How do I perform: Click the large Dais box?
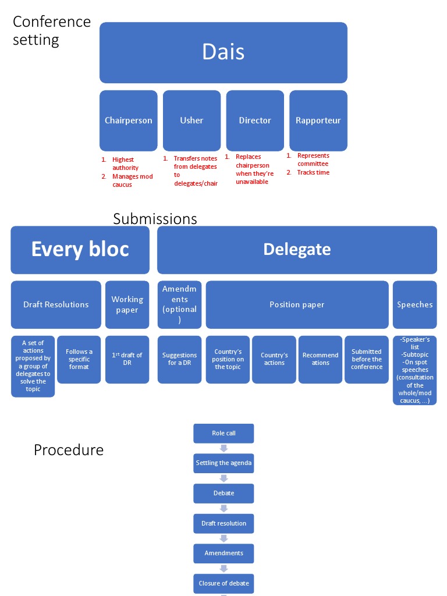tap(223, 52)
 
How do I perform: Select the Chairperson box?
tap(129, 120)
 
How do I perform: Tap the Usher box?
tap(191, 120)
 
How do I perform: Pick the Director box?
tap(255, 120)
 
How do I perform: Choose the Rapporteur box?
tap(318, 120)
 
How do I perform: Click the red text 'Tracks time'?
tap(313, 172)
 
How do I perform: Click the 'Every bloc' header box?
tap(80, 250)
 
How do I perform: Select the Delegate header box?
tap(297, 250)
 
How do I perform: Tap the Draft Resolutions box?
tap(56, 304)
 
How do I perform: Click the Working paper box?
tap(127, 304)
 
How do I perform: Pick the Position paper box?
tap(297, 304)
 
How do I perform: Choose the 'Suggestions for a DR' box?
tap(179, 359)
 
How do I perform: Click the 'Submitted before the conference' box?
tap(367, 359)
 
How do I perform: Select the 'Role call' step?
tap(223, 433)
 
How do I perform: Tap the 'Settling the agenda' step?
tap(223, 463)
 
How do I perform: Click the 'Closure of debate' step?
tap(223, 583)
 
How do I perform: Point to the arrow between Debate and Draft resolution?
tap(223, 508)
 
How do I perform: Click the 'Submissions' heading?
tap(155, 219)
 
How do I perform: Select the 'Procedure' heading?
tap(69, 450)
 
